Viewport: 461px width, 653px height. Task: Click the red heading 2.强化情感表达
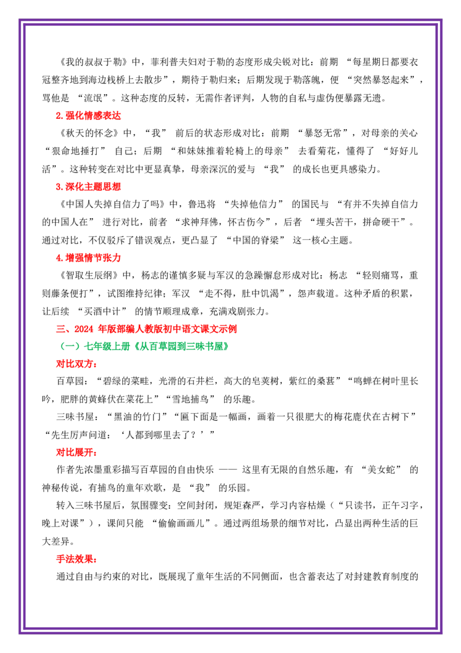pyautogui.click(x=88, y=116)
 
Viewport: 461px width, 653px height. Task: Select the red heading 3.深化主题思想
pyautogui.click(x=88, y=186)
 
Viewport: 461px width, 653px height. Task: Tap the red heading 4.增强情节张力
pyautogui.click(x=88, y=258)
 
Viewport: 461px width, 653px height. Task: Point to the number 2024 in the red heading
pyautogui.click(x=84, y=329)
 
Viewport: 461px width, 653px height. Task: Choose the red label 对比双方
pyautogui.click(x=77, y=364)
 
